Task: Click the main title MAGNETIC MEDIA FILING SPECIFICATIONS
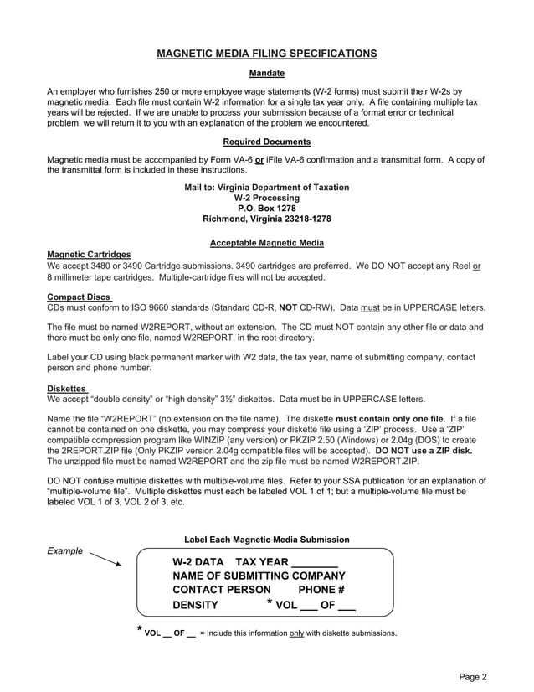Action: (x=266, y=54)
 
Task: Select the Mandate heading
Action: (x=266, y=74)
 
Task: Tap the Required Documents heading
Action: (x=266, y=142)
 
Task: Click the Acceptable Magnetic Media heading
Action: (x=266, y=244)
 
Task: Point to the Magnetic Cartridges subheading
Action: (x=89, y=255)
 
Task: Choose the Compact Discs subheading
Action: (x=80, y=297)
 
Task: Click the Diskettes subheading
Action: (x=68, y=389)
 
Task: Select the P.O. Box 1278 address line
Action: (x=266, y=208)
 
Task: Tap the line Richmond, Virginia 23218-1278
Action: (x=266, y=219)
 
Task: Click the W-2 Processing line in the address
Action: (x=266, y=198)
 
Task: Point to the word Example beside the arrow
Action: (x=64, y=551)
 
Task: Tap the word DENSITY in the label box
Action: (x=195, y=605)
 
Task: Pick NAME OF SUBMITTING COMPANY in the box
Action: (x=259, y=576)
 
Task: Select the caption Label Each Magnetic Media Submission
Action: (x=266, y=540)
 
